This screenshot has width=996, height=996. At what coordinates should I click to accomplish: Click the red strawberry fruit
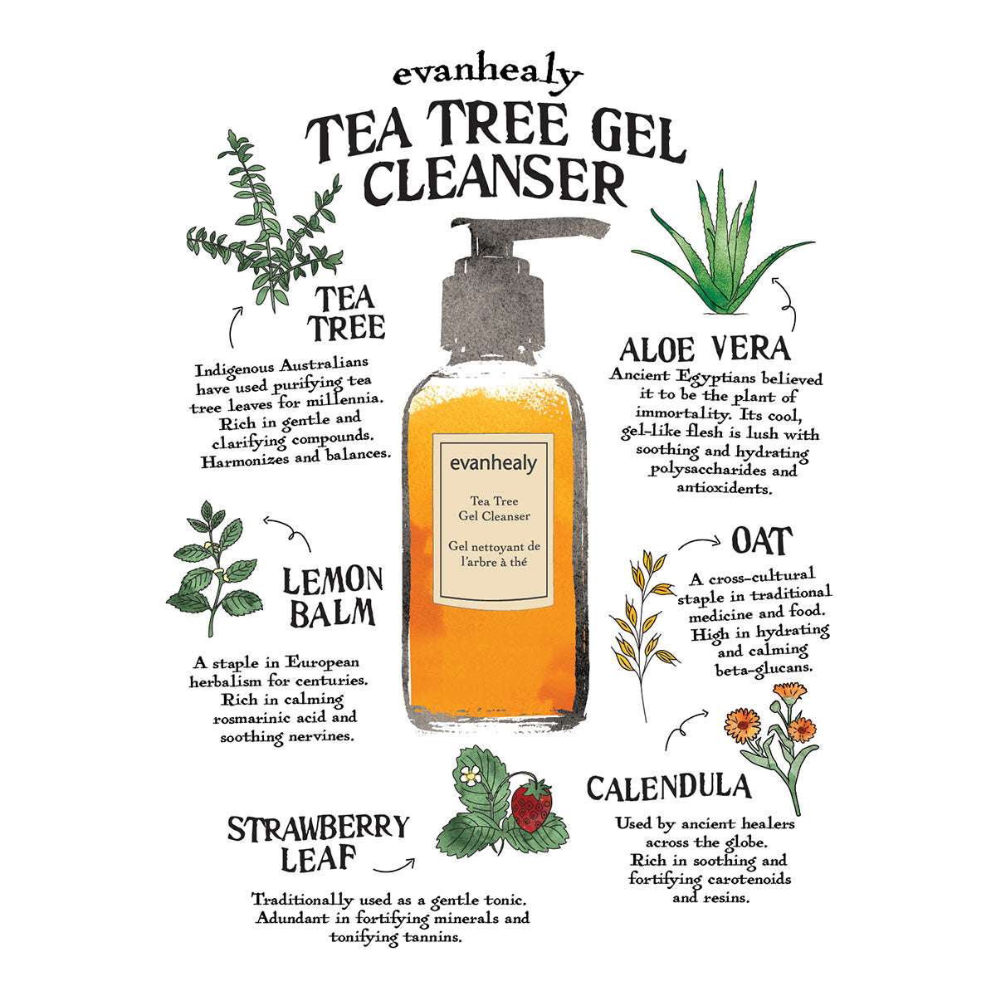[531, 805]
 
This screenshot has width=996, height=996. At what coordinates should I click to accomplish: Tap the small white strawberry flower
[469, 774]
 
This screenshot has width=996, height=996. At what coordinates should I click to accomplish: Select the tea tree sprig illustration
[264, 222]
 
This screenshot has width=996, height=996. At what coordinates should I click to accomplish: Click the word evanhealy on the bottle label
[493, 463]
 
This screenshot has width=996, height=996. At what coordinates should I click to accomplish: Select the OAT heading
[762, 541]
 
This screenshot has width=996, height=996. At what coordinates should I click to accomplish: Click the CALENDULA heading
[669, 788]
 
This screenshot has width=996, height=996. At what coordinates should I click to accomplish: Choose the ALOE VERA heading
[705, 349]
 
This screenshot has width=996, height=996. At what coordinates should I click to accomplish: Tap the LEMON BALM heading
[333, 597]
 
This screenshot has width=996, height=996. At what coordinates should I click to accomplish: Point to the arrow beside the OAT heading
[699, 542]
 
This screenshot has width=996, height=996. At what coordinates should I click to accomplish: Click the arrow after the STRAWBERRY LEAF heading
[394, 866]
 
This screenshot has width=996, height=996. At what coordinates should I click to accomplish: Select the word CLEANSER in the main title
[495, 181]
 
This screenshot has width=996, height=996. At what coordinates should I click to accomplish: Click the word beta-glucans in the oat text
[764, 669]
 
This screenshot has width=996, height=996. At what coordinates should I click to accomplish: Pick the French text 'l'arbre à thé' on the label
[494, 562]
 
